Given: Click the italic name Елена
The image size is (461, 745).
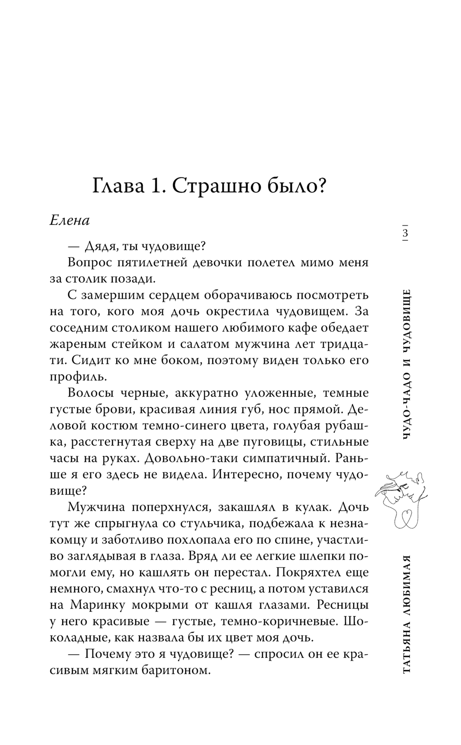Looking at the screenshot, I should click(70, 221).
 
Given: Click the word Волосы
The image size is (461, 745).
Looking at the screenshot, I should click(91, 393).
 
